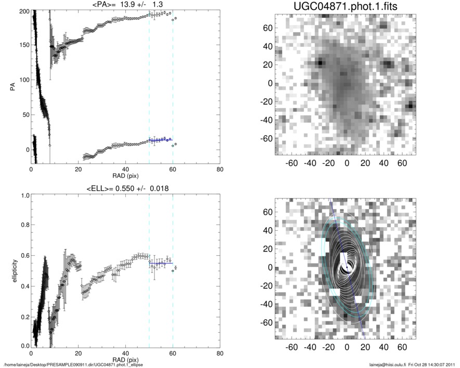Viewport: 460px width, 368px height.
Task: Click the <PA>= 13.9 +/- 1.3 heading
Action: (125, 4)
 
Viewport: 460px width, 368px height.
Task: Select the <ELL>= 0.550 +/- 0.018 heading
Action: (125, 188)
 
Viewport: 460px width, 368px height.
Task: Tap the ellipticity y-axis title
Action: (11, 270)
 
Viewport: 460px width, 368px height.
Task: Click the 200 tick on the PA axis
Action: (22, 11)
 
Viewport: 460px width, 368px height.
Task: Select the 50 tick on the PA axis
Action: (24, 114)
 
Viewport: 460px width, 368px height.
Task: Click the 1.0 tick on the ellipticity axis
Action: (24, 195)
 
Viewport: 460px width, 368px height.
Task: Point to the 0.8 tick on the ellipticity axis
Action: (24, 226)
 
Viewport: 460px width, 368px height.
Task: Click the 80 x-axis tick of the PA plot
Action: (220, 170)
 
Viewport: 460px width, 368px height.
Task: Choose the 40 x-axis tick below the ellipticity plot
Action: (125, 353)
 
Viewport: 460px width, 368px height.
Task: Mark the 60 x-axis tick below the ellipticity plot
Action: (173, 353)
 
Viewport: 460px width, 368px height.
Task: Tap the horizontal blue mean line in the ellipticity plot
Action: (161, 264)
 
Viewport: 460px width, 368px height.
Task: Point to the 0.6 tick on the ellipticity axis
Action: (24, 256)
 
